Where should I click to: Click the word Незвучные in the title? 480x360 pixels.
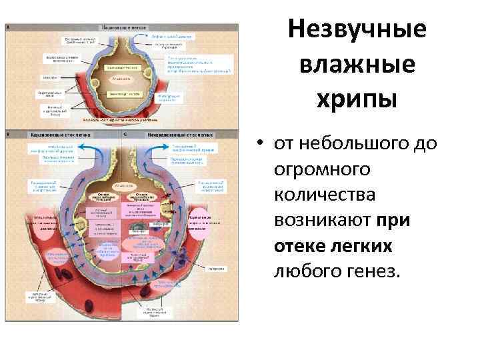tap(358, 31)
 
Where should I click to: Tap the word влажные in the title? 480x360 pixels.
tap(358, 66)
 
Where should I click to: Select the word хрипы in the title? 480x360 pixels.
tap(358, 99)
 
